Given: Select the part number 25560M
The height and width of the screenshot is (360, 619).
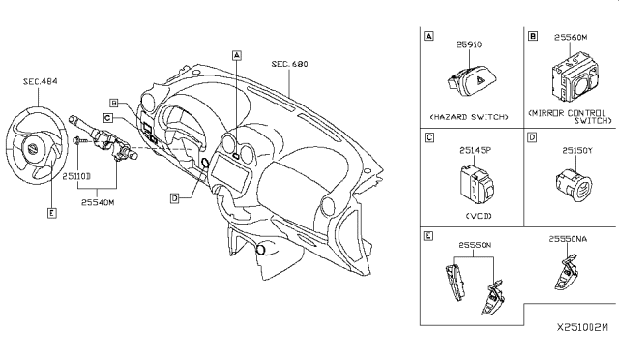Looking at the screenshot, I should pyautogui.click(x=570, y=36).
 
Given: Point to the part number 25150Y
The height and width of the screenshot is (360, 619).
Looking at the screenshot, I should pyautogui.click(x=570, y=150).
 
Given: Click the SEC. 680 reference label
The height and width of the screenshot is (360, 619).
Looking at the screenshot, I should pyautogui.click(x=289, y=63).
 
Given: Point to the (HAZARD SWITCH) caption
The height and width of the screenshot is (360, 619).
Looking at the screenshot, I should pyautogui.click(x=468, y=116).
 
